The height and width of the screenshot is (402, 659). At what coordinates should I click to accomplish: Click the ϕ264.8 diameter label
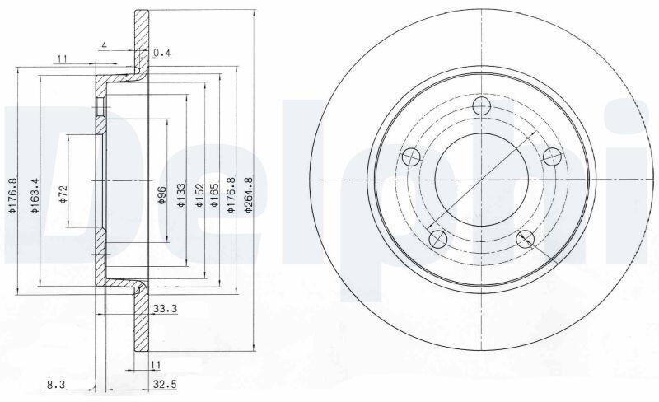(249, 194)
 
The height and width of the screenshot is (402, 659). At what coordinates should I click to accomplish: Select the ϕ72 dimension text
(63, 194)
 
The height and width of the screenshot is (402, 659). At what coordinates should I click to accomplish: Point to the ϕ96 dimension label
(162, 194)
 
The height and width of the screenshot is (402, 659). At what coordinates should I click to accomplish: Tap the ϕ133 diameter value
(181, 194)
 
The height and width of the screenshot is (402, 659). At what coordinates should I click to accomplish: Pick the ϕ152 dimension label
(199, 194)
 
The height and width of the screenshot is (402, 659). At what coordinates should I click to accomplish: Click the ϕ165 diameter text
(214, 194)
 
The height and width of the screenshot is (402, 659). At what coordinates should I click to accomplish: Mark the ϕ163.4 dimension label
(35, 195)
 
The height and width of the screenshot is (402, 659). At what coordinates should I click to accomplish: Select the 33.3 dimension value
(165, 309)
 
